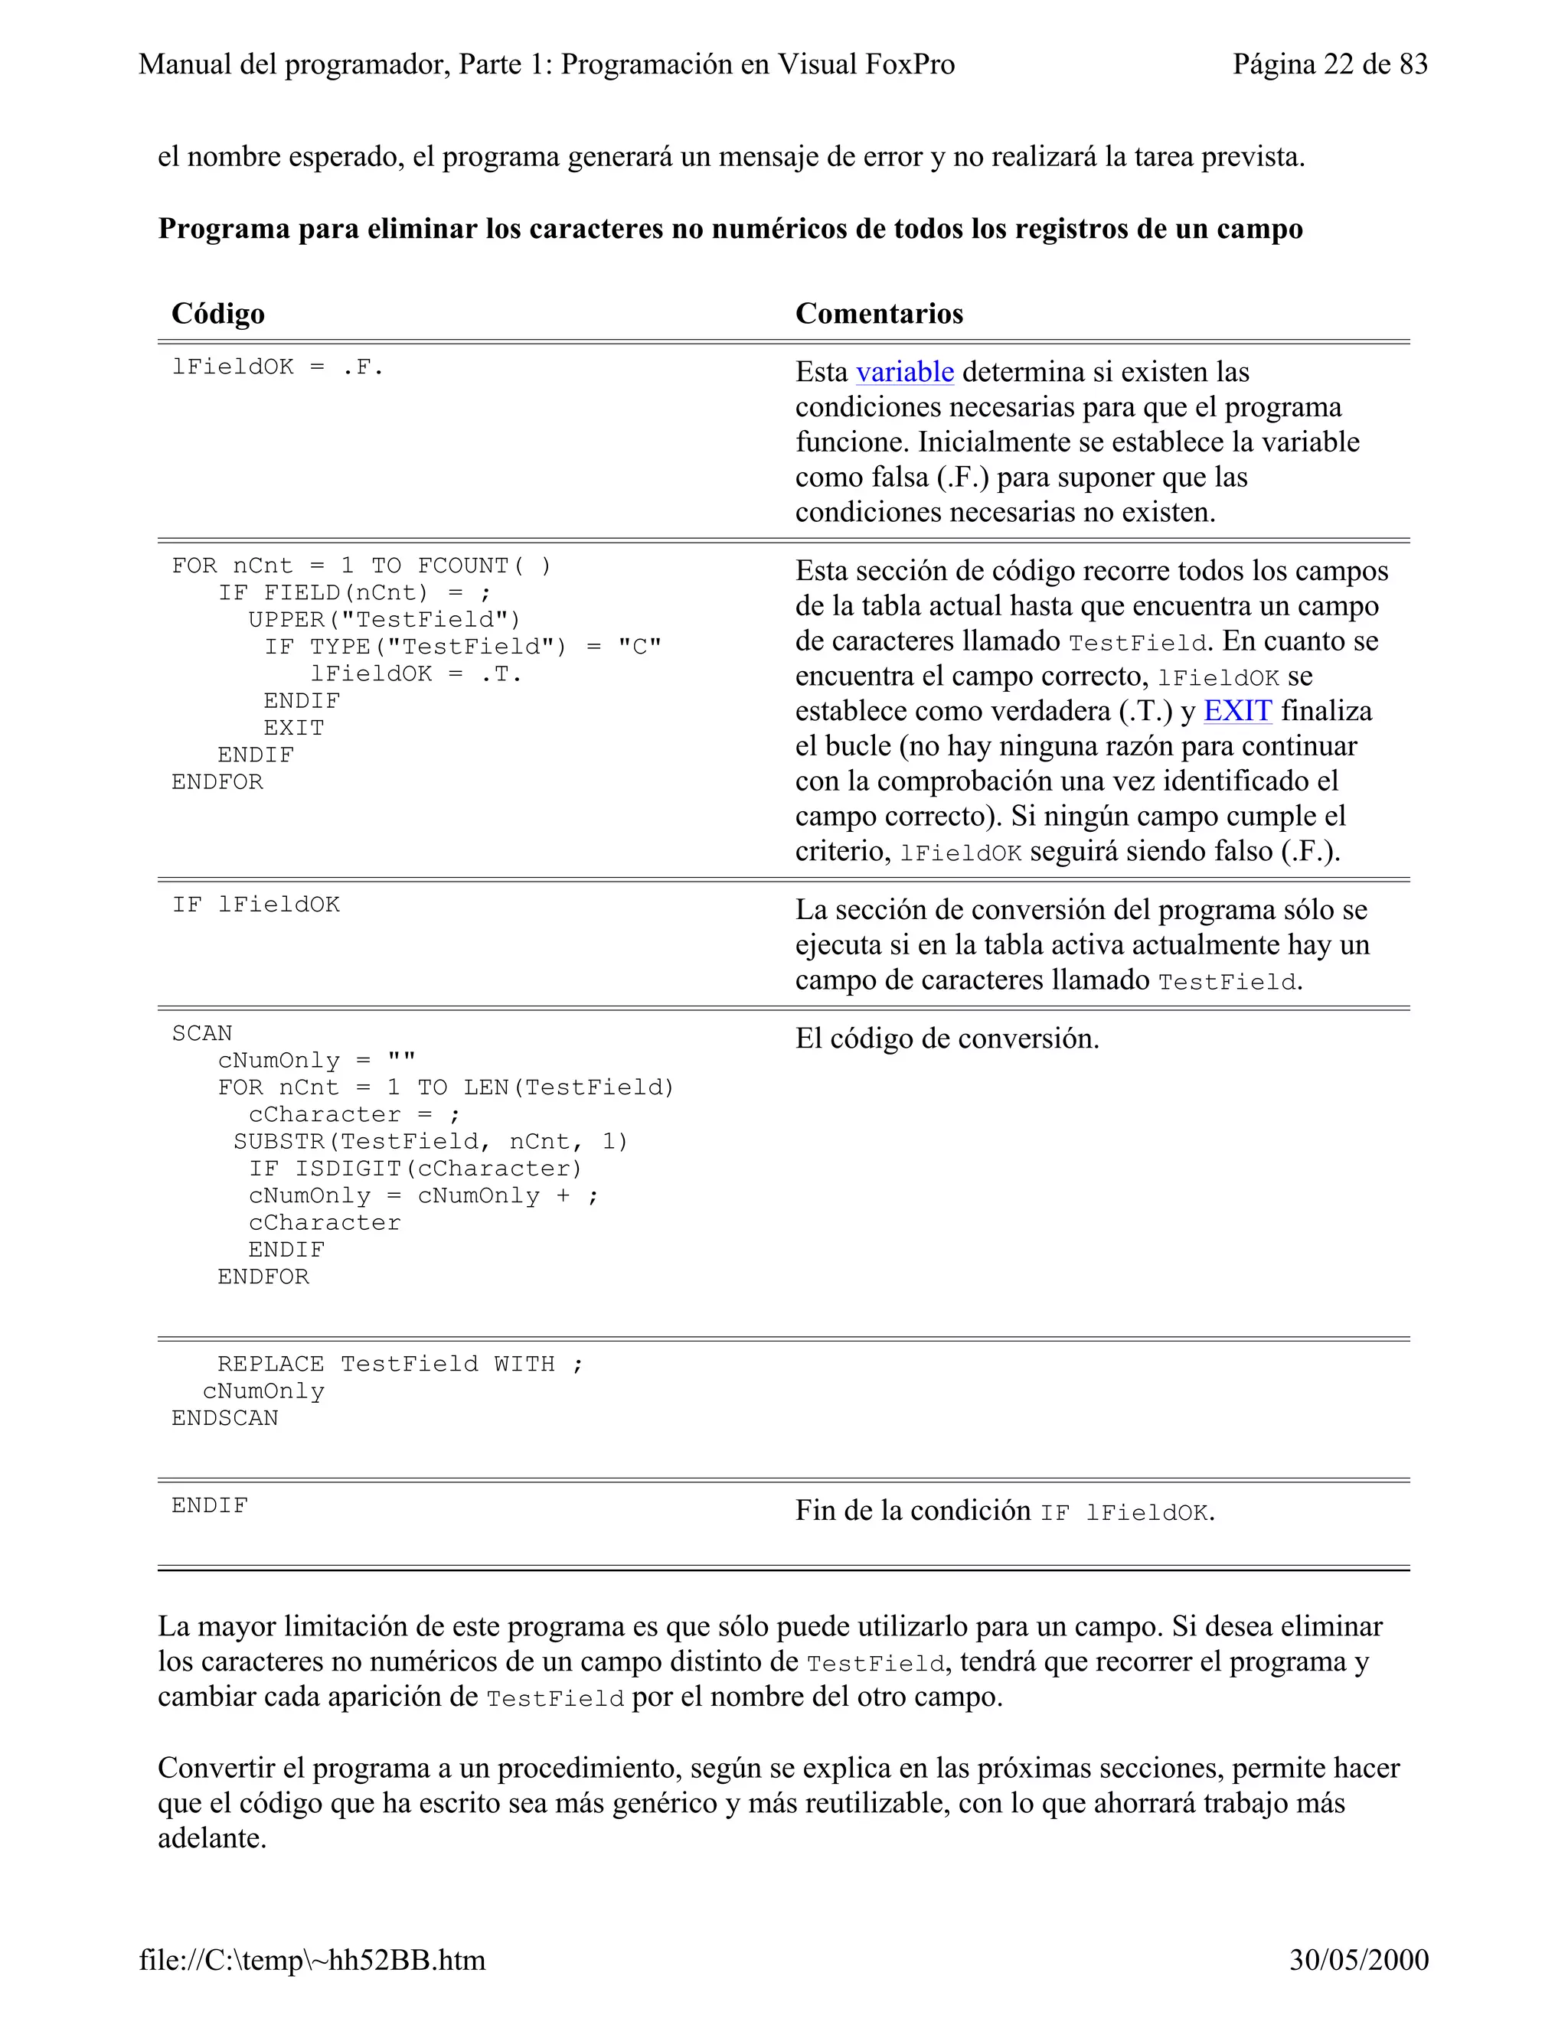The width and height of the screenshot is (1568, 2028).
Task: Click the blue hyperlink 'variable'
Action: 904,373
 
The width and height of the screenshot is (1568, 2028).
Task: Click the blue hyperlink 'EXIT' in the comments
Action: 1236,711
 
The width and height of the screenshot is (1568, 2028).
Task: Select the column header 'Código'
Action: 217,314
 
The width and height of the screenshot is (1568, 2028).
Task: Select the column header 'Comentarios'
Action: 879,314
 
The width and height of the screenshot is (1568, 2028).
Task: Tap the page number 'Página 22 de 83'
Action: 1329,64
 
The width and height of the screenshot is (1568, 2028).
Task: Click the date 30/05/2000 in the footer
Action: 1358,1959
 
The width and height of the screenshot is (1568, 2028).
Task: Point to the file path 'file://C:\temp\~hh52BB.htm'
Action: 312,1959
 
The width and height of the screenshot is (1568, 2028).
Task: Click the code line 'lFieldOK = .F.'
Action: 277,367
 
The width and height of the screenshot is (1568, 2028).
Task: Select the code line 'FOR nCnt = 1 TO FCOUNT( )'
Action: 361,566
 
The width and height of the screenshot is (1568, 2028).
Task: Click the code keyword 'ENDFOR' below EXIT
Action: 217,782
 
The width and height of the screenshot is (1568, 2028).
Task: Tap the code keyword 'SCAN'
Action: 201,1033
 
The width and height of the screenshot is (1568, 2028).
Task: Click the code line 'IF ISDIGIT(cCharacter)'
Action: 415,1169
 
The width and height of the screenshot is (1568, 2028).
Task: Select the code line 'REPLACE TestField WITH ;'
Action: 400,1364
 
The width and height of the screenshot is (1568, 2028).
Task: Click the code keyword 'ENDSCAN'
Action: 225,1418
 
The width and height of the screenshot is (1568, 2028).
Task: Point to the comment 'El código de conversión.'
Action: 946,1039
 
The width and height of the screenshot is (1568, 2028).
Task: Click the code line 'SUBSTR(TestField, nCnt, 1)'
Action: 431,1142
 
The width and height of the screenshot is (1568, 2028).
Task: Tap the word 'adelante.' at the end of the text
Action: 212,1838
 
